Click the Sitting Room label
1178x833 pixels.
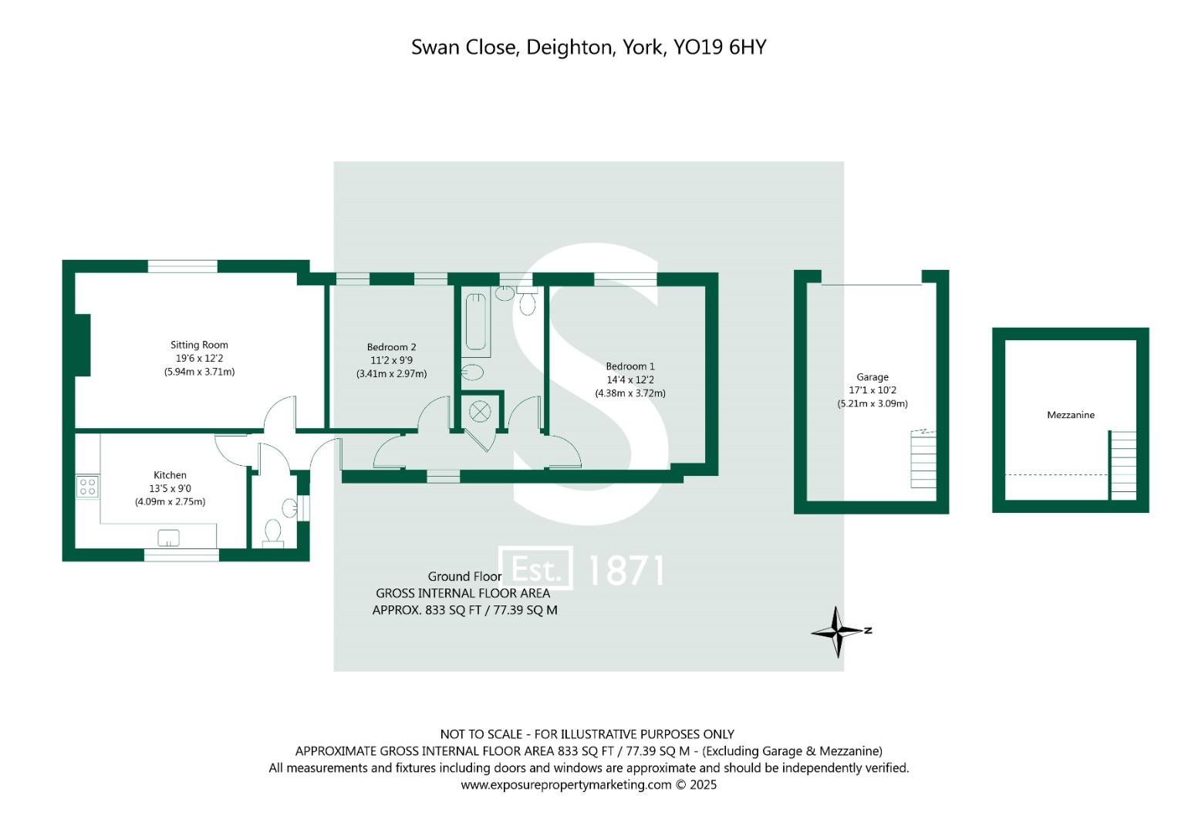click(199, 345)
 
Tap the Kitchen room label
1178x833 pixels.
click(170, 475)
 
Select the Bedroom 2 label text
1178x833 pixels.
click(391, 347)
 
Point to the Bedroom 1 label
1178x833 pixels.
click(630, 366)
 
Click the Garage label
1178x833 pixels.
click(873, 377)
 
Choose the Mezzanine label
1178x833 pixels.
click(1071, 415)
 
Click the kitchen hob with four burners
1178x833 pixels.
click(87, 487)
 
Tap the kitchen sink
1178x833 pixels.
click(168, 538)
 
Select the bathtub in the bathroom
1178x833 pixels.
click(476, 322)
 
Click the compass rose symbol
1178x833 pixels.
click(839, 632)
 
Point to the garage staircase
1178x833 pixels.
click(923, 459)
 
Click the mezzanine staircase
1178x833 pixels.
click(1122, 465)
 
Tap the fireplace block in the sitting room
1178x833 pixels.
click(83, 345)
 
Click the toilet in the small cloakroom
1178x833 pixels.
click(272, 533)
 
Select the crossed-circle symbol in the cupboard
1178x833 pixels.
click(480, 411)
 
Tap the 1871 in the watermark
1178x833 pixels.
click(626, 571)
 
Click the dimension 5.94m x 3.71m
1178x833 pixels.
click(199, 372)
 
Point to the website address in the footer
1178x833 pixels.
click(566, 785)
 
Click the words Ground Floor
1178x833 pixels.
click(464, 576)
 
